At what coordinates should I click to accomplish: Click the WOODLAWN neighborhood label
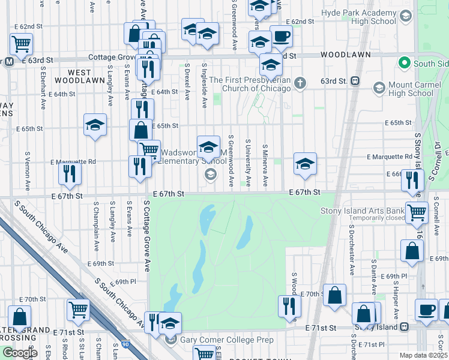(340, 54)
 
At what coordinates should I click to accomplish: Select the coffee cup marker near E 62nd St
(281, 37)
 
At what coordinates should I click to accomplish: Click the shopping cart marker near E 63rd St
(21, 44)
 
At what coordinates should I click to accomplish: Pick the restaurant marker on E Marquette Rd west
(70, 174)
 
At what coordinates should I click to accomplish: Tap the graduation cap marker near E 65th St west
(95, 126)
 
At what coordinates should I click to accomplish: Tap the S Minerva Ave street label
(265, 164)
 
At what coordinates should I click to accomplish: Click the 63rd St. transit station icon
(355, 80)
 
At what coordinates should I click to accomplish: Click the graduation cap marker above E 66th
(305, 164)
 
